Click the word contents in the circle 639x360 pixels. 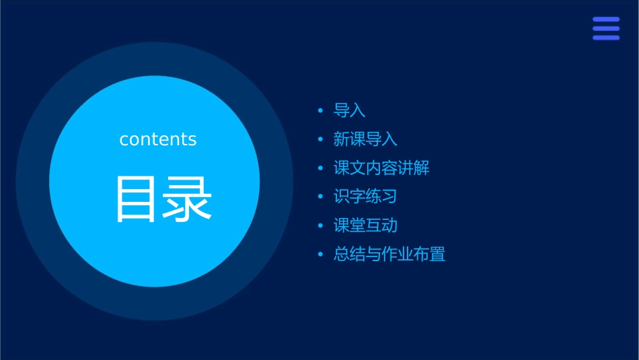pyautogui.click(x=158, y=139)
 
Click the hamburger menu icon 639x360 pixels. pyautogui.click(x=606, y=28)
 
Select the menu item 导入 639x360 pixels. pyautogui.click(x=349, y=110)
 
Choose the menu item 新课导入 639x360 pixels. pyautogui.click(x=365, y=139)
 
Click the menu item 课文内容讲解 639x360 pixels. pyautogui.click(x=381, y=168)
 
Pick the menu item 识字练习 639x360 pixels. pyautogui.click(x=365, y=196)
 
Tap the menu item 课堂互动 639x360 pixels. pyautogui.click(x=365, y=225)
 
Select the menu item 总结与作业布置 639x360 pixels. pyautogui.click(x=389, y=254)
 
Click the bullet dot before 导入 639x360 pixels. pyautogui.click(x=321, y=110)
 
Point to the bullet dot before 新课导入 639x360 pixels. pyautogui.click(x=321, y=139)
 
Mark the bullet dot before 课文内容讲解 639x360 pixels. pyautogui.click(x=321, y=168)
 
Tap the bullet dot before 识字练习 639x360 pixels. pyautogui.click(x=321, y=196)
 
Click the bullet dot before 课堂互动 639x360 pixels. pyautogui.click(x=321, y=225)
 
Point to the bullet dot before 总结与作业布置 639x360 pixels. pyautogui.click(x=321, y=254)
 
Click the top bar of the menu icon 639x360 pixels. pyautogui.click(x=606, y=20)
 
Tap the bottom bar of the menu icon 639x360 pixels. pyautogui.click(x=606, y=38)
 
